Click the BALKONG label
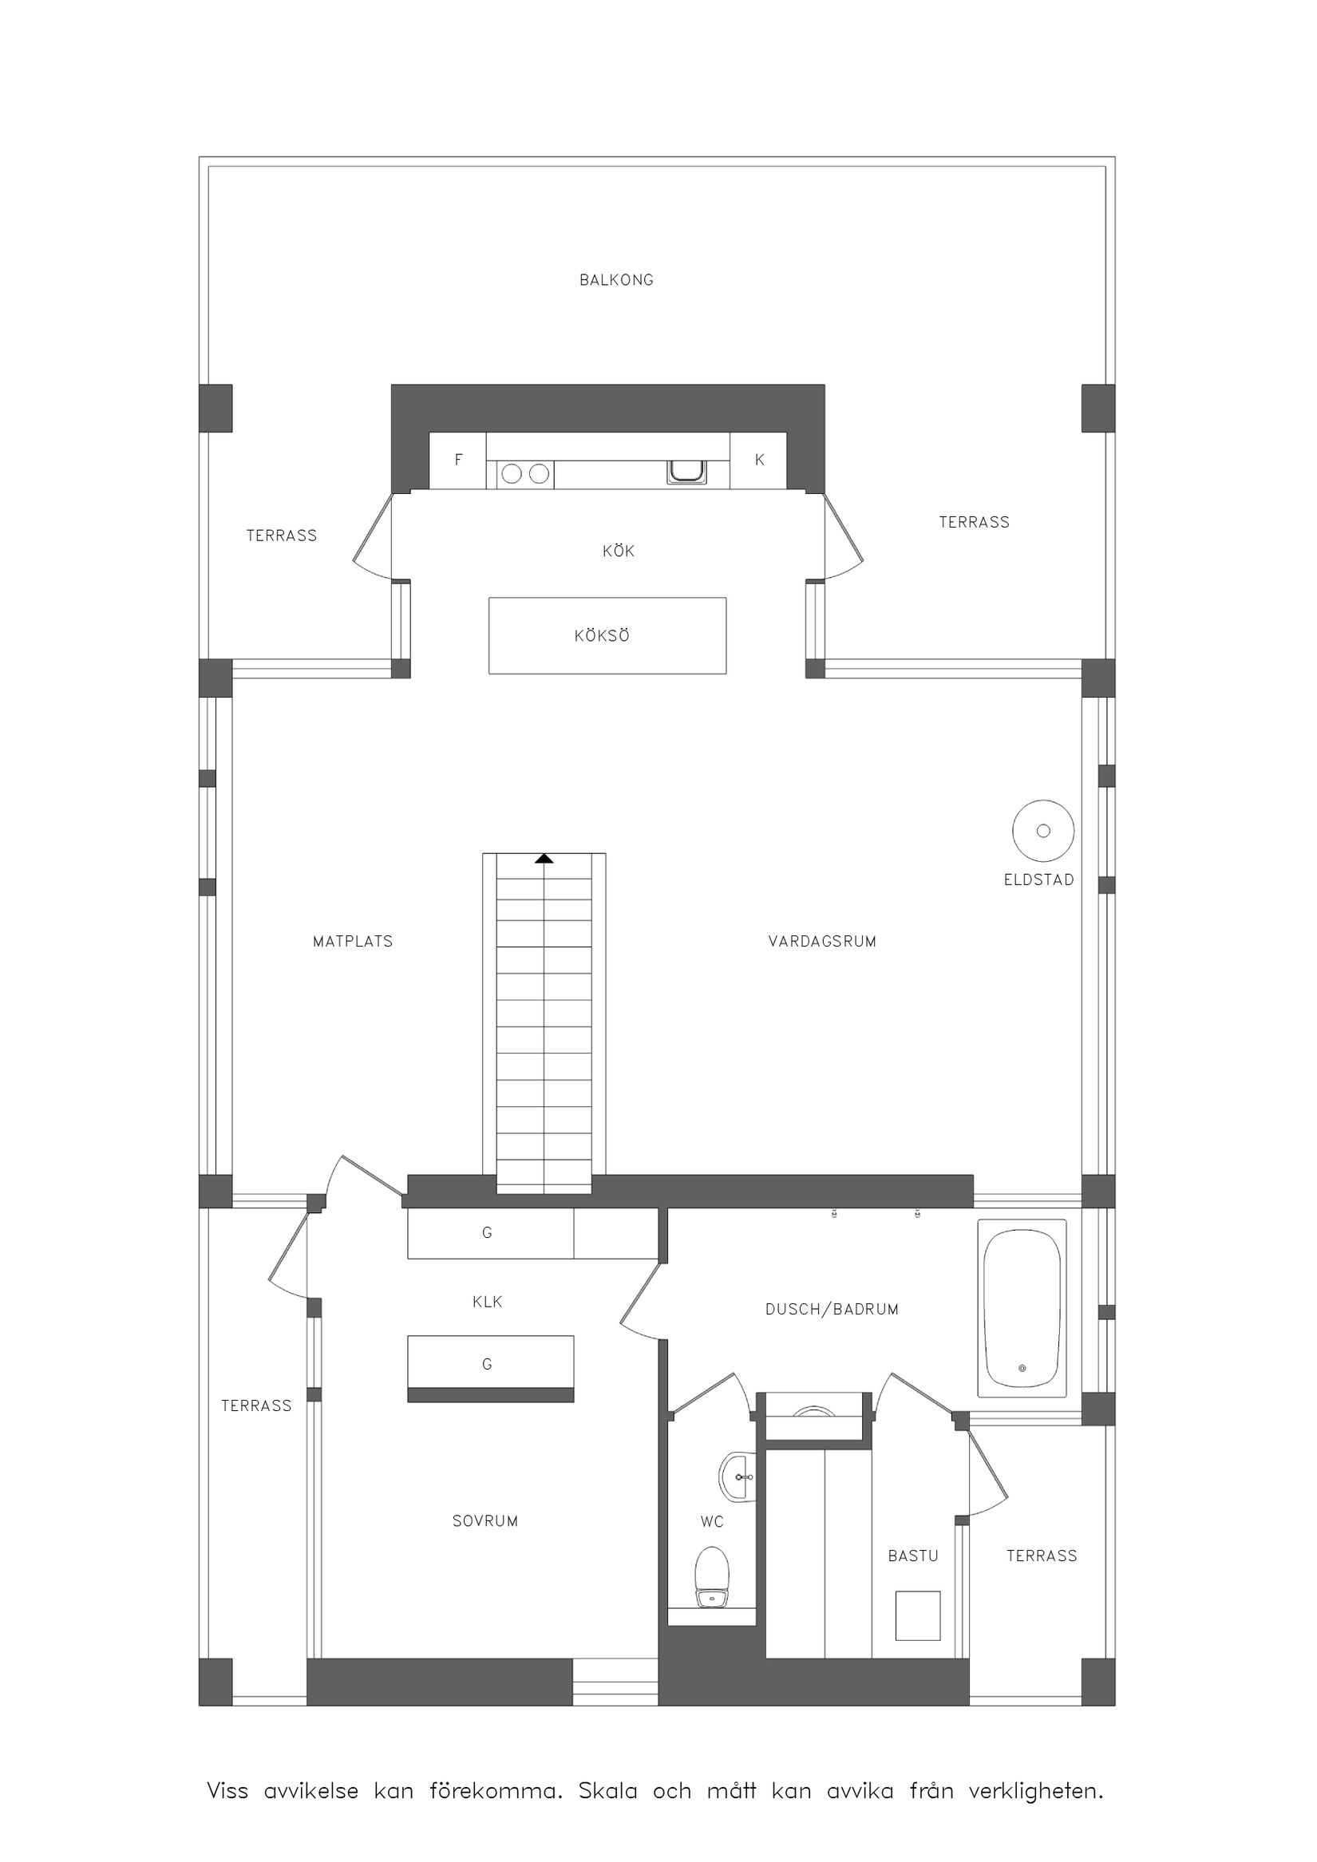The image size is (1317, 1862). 615,280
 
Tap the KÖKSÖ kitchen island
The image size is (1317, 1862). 607,635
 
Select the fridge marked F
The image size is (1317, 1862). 457,460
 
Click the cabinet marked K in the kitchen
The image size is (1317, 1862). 758,460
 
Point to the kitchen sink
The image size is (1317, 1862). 686,471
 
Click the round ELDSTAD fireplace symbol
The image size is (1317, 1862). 1043,831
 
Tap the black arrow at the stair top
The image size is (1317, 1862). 544,858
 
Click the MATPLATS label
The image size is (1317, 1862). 353,942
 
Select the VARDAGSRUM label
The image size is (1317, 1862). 821,942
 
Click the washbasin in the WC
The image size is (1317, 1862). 737,1477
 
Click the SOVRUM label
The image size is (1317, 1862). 485,1521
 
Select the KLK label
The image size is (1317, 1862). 488,1302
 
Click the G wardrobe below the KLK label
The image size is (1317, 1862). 490,1365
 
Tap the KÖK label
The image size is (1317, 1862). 618,551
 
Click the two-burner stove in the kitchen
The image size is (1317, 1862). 524,473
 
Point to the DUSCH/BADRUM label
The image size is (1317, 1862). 831,1309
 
